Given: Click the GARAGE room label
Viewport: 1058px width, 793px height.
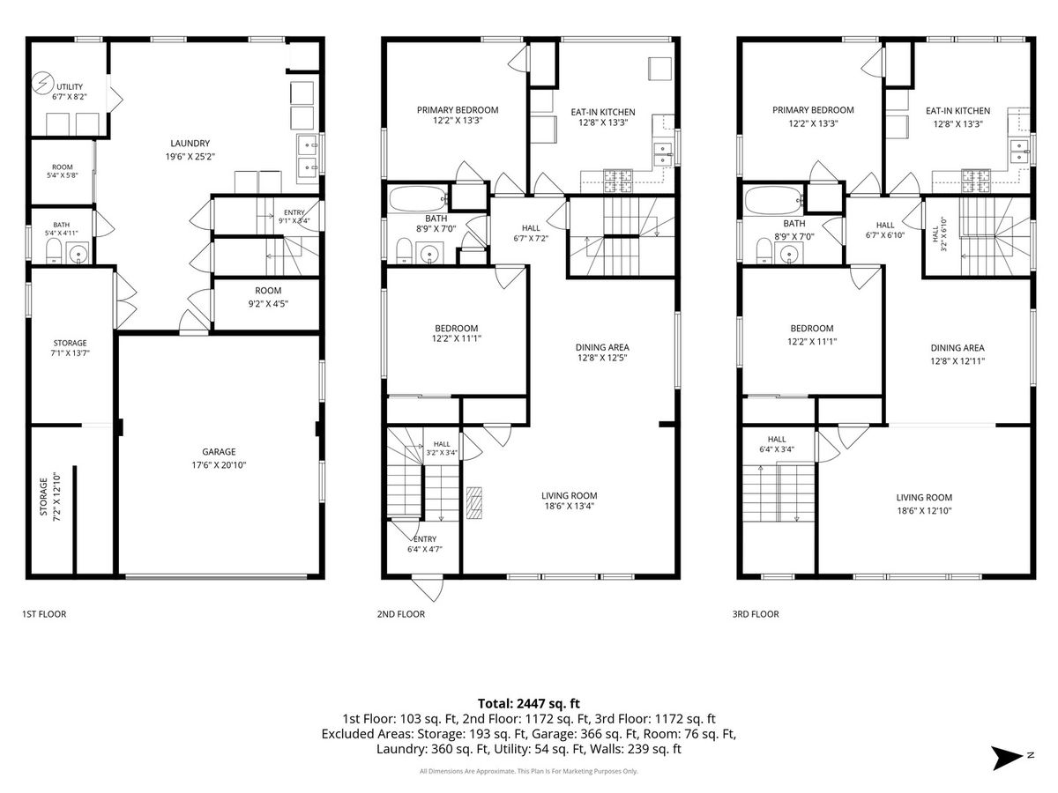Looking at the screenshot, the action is pos(219,451).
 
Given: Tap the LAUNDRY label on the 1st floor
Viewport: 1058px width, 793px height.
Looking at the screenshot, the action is pos(190,143).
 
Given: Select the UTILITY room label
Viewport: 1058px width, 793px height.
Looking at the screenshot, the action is pos(70,86).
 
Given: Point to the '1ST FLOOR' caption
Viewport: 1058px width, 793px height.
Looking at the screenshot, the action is pos(44,614).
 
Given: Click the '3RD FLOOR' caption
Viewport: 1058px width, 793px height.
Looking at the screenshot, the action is pos(756,614).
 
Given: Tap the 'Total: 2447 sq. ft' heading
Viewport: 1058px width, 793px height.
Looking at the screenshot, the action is pos(529,703).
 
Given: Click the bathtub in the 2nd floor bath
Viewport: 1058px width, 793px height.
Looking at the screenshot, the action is pos(419,199).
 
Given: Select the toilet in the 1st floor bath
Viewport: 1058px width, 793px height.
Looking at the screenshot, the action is pos(54,251).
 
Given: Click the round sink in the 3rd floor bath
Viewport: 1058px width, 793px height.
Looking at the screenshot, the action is pos(789,252).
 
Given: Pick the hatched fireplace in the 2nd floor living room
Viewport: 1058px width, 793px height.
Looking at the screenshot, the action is pos(473,502).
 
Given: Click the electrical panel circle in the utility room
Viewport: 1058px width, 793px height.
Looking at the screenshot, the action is pos(42,83).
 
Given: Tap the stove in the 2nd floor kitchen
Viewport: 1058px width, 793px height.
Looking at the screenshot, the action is pos(618,181).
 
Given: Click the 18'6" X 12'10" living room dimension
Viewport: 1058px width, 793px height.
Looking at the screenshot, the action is pos(924,511).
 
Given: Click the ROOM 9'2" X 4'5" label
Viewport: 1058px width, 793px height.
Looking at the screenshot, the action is pos(268,297).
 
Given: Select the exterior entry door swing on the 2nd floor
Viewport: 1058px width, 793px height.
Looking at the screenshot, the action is pos(428,589).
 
